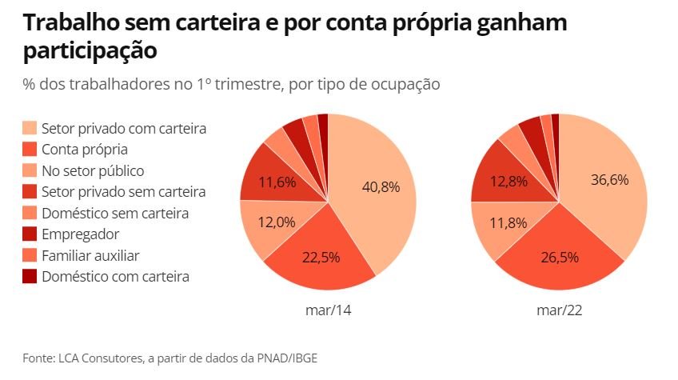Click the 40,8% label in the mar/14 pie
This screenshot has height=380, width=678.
coord(380,186)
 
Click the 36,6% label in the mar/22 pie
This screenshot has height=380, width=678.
coord(609,180)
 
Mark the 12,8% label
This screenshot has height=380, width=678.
coord(510,181)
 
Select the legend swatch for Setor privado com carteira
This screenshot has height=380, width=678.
coord(30,128)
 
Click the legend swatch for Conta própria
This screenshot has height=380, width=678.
coord(30,150)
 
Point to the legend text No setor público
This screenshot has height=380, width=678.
coord(93,170)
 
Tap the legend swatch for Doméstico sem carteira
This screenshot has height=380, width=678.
coord(30,213)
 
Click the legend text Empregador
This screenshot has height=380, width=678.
coord(80,234)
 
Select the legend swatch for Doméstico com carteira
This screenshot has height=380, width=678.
coord(30,277)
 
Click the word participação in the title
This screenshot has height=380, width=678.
coord(90,50)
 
